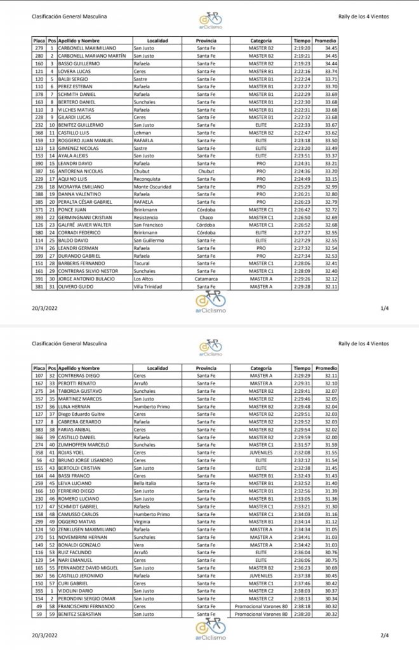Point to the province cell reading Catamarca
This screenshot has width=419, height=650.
(x=206, y=278)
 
